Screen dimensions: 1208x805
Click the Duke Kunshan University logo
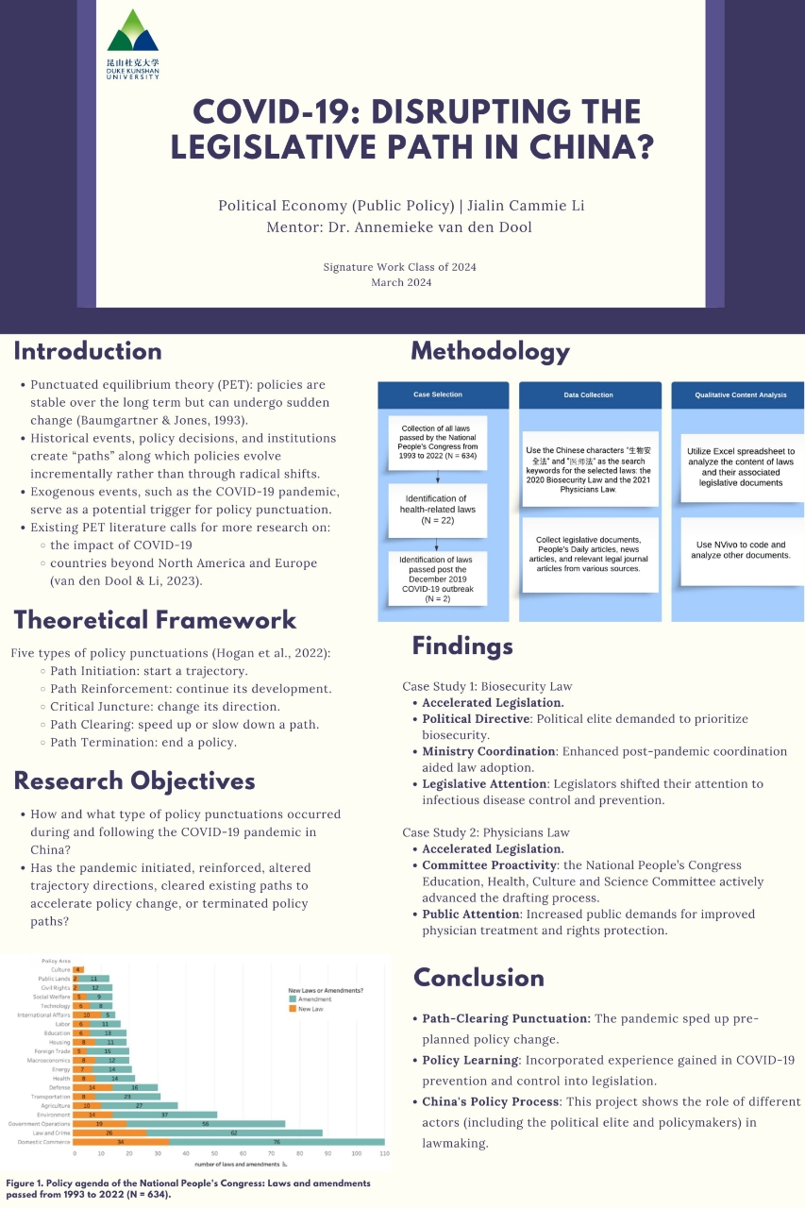133,43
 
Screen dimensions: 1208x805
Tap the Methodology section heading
490,352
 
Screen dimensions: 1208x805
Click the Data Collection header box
590,394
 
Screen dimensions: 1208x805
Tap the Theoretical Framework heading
155,620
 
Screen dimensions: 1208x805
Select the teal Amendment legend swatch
293,998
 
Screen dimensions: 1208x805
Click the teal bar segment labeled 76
277,1141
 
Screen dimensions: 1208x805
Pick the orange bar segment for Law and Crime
109,1132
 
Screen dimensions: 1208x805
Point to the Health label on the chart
61,1078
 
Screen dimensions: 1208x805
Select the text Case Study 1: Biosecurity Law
487,686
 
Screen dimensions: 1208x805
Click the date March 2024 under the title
400,282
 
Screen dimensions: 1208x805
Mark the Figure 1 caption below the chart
189,1188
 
